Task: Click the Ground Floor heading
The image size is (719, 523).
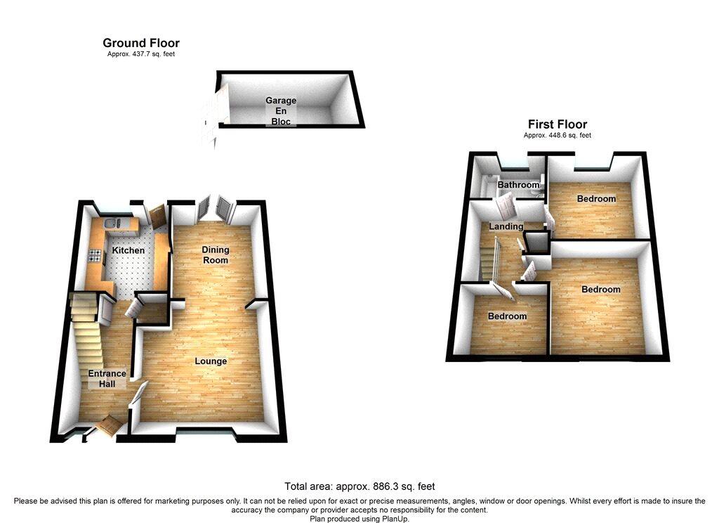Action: click(x=140, y=43)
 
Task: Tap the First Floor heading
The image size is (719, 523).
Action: click(x=557, y=124)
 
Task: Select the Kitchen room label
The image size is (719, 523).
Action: click(x=128, y=250)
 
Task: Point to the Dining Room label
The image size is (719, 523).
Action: click(x=216, y=255)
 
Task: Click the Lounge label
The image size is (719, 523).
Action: click(x=211, y=361)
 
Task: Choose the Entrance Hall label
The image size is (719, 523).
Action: click(x=107, y=379)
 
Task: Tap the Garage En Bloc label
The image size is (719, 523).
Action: click(x=281, y=110)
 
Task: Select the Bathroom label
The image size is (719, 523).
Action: click(x=519, y=185)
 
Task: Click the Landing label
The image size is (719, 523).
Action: click(x=506, y=226)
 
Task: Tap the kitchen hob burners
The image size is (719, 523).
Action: click(x=95, y=256)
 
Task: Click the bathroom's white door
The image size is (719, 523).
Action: click(x=506, y=207)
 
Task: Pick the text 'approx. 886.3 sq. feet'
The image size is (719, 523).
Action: click(x=385, y=486)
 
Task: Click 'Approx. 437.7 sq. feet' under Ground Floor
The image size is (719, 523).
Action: click(x=141, y=54)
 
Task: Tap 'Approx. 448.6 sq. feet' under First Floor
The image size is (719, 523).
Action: click(x=557, y=136)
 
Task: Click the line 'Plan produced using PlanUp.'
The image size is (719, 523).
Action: click(x=359, y=519)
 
